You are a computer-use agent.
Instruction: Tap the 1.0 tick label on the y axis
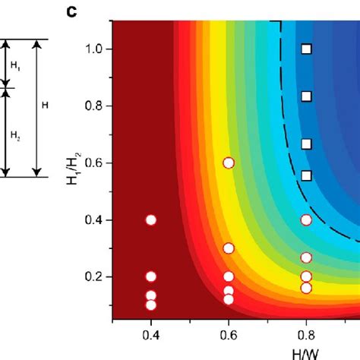coord(93,49)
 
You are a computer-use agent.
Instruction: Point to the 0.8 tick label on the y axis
coord(93,106)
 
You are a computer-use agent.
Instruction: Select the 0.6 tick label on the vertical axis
coord(93,163)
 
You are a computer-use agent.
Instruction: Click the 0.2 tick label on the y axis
coord(93,276)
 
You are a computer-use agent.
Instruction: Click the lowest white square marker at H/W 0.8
coord(306,175)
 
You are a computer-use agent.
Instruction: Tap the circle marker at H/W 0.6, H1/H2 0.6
coord(229,163)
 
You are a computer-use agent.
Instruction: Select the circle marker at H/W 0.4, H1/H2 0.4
coord(150,219)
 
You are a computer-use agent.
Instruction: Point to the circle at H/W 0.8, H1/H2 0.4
coord(306,219)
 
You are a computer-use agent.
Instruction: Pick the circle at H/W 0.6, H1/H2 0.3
coord(229,248)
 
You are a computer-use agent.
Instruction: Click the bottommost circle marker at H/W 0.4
coord(150,305)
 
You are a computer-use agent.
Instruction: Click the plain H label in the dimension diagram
coord(45,106)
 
